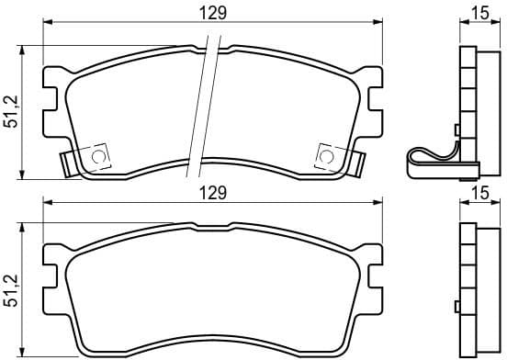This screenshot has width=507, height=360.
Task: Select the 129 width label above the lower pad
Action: click(213, 193)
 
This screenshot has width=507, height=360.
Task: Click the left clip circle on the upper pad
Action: click(97, 157)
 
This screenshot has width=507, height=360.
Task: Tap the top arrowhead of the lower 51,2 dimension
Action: click(23, 227)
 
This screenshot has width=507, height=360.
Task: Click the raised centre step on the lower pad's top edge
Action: click(212, 223)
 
